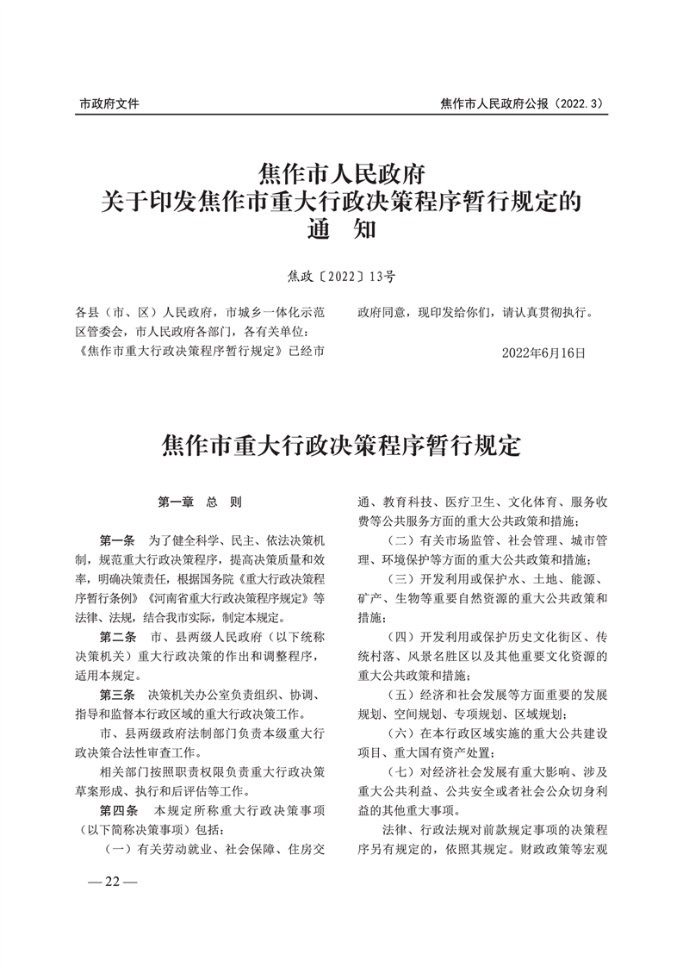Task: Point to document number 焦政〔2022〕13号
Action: (x=341, y=277)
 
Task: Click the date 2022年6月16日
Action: (x=543, y=352)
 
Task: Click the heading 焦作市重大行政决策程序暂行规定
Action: (x=342, y=446)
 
